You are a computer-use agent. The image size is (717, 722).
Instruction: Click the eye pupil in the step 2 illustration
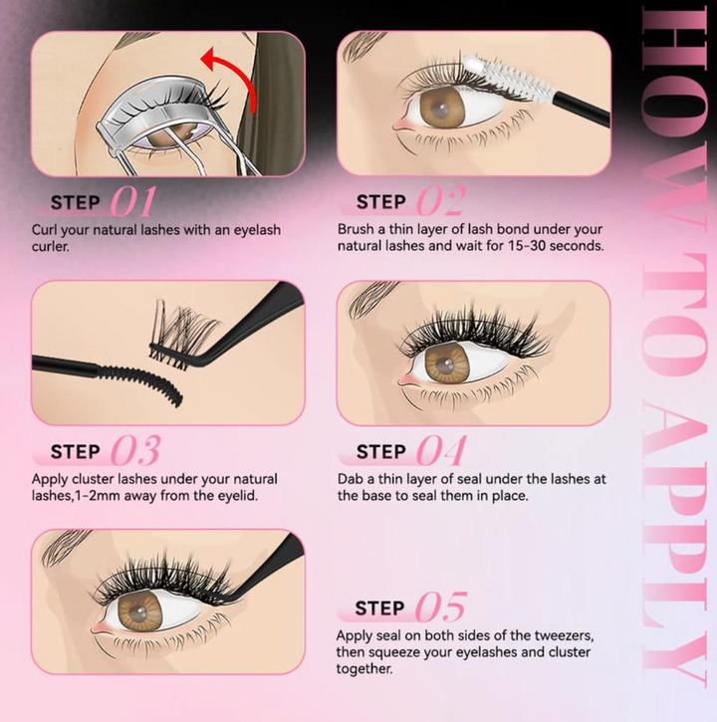[442, 111]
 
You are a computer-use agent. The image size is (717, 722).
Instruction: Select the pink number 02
[439, 202]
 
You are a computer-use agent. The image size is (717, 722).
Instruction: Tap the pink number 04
[439, 451]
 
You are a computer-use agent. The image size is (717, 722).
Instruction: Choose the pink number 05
[439, 607]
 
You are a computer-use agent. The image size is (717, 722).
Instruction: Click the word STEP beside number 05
[380, 607]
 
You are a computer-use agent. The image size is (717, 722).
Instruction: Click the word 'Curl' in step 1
[47, 230]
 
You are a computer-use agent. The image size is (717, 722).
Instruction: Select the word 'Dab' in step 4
[352, 479]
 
